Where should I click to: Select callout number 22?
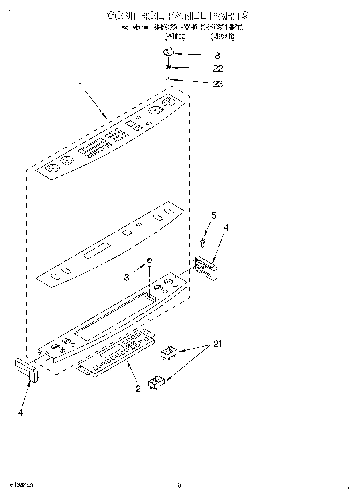click(x=218, y=69)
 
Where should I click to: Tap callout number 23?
click(x=218, y=84)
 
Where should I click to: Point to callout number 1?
click(x=81, y=85)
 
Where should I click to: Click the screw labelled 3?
click(x=150, y=262)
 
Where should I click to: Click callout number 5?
click(x=214, y=216)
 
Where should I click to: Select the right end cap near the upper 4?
click(x=206, y=267)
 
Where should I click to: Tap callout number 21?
click(x=217, y=344)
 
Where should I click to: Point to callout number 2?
click(x=138, y=389)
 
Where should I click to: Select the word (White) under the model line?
click(x=175, y=36)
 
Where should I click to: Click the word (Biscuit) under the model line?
click(x=223, y=36)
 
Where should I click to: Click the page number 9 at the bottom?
click(x=179, y=485)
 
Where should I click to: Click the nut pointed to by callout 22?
click(x=169, y=67)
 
